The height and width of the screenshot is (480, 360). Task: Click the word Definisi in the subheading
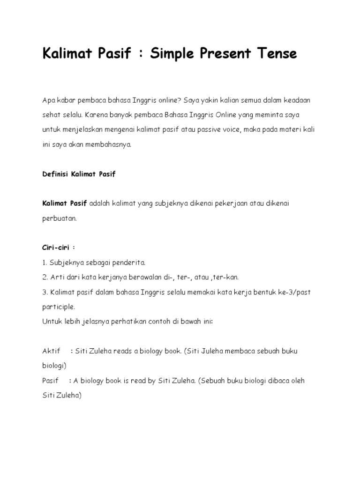tap(55, 174)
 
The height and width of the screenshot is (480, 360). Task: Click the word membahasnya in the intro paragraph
tap(112, 144)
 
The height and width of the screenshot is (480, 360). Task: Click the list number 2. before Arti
tap(45, 277)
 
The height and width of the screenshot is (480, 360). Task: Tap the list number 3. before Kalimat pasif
tap(45, 292)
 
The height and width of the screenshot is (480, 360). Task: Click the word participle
tap(59, 307)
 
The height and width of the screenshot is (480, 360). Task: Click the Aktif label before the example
tap(52, 351)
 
